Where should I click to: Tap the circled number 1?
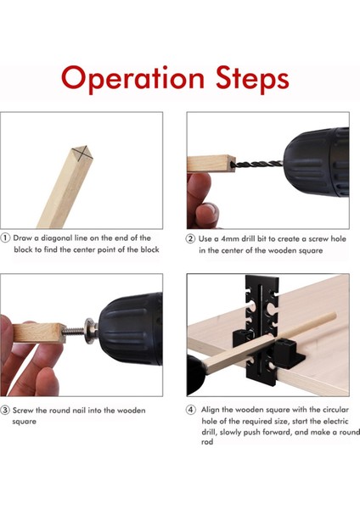[x=6, y=238]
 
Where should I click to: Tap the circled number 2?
[x=190, y=239]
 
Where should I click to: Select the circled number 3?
[x=5, y=410]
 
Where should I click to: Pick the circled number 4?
[x=191, y=410]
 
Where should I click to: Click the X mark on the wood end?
[x=83, y=153]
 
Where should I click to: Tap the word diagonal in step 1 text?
[x=57, y=238]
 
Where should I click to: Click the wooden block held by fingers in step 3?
[x=39, y=333]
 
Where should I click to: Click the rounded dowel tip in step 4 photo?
[x=334, y=315]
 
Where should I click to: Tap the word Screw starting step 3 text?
[x=23, y=411]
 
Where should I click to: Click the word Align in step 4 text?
[x=211, y=410]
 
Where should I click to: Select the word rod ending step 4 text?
[x=207, y=442]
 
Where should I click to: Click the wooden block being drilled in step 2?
[x=211, y=164]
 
